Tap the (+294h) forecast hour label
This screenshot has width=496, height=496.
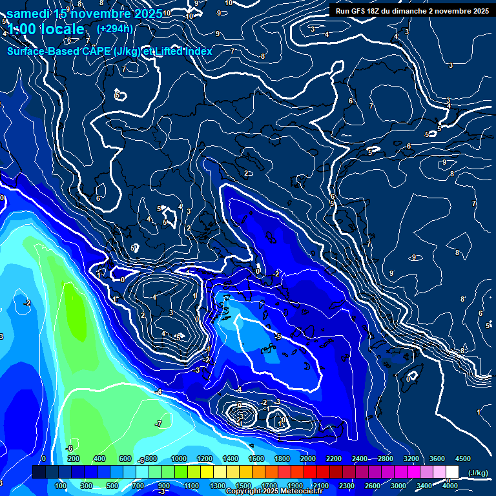tap(115, 28)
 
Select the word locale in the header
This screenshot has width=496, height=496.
tap(62, 29)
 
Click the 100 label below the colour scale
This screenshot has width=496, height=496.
tap(61, 486)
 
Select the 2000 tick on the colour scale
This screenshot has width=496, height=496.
tap(308, 459)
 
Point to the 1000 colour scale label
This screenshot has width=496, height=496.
tap(179, 459)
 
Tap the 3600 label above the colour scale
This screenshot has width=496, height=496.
tap(437, 459)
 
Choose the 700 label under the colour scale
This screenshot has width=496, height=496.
tap(138, 486)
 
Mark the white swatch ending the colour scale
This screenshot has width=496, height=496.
tap(452, 472)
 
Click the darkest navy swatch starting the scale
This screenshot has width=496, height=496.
tap(39, 472)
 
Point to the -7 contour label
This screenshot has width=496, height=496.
tap(158, 424)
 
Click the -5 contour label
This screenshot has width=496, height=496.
tap(278, 337)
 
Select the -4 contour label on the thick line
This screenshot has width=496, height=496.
tap(158, 392)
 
